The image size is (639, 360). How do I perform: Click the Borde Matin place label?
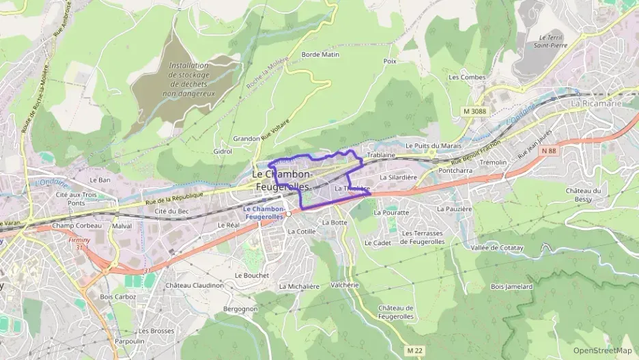click(320, 54)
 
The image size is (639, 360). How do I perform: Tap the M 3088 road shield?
click(474, 111)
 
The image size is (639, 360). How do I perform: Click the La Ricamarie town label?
click(595, 103)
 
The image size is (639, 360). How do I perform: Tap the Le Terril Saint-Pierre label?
click(553, 42)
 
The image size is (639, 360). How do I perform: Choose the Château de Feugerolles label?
click(396, 312)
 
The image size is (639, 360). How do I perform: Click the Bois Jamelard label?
click(511, 286)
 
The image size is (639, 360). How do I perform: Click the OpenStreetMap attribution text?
click(602, 350)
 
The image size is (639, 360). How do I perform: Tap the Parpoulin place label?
click(129, 341)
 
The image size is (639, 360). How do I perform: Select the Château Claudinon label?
click(194, 285)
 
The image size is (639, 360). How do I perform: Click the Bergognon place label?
click(240, 309)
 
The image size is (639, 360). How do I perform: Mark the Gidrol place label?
click(223, 151)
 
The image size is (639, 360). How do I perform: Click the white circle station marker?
click(289, 214)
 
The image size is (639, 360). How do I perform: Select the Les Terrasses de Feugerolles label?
click(423, 237)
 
